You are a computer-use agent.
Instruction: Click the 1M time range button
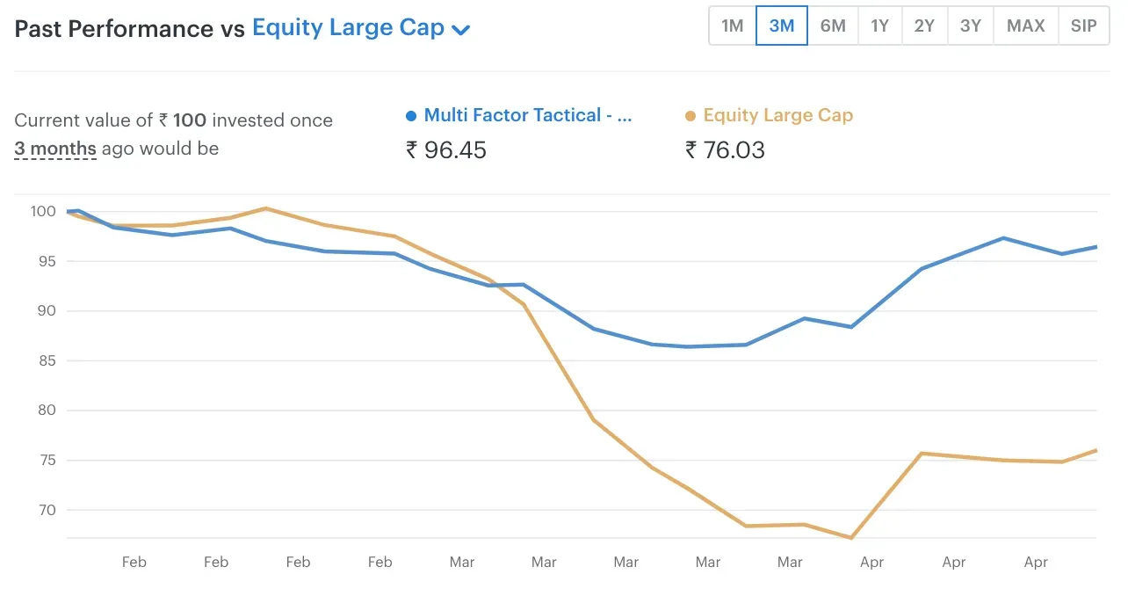733,25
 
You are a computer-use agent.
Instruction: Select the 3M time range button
782,25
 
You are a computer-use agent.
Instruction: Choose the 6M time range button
833,25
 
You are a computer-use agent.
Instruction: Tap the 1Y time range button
879,25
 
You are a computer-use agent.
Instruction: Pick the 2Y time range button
924,25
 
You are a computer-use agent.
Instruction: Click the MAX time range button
1026,25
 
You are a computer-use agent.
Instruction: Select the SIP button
1083,25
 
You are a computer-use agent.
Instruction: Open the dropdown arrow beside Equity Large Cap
461,30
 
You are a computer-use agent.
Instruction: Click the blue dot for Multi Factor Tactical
411,116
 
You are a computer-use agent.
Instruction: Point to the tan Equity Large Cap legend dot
691,116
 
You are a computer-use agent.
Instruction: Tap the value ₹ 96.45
446,150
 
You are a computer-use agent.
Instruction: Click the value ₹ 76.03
725,150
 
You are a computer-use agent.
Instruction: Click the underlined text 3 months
55,149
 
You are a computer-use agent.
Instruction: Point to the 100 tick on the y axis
42,211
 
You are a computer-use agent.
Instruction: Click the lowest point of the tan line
850,538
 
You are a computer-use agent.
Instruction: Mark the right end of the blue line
1096,247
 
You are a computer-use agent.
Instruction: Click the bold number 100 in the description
191,120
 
